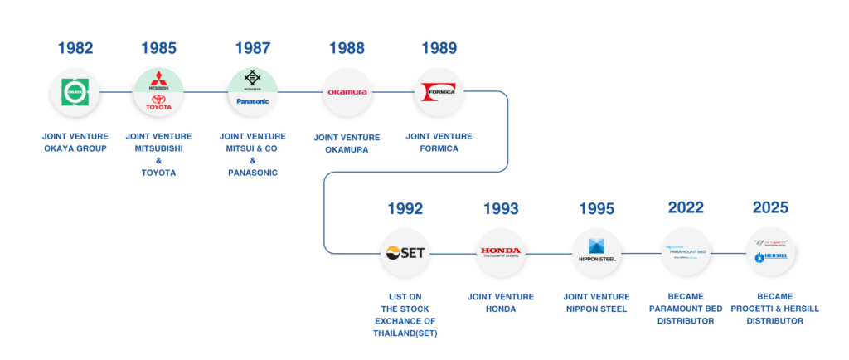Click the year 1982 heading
(75, 48)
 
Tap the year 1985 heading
(158, 48)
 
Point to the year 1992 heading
(405, 208)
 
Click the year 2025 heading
(770, 208)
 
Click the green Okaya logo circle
(75, 92)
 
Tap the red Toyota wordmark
(158, 105)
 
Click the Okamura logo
(347, 92)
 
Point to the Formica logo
(439, 91)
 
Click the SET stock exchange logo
(405, 251)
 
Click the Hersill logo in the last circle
(770, 258)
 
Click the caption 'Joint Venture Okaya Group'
(75, 143)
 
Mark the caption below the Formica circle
(439, 143)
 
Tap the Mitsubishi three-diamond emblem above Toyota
(158, 82)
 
